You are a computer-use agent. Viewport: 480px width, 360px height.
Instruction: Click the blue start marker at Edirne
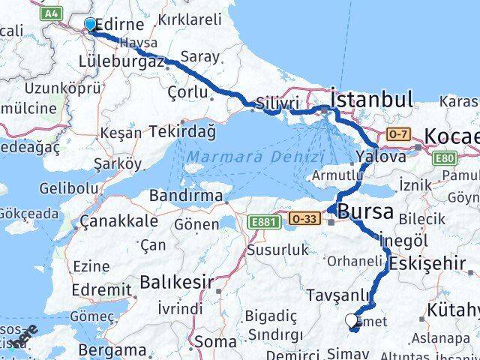90,25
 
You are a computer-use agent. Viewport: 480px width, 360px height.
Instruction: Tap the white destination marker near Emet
352,322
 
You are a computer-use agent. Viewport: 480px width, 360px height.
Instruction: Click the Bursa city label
365,212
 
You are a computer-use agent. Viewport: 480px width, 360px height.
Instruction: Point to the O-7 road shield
397,133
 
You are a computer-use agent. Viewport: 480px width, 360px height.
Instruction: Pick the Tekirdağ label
182,131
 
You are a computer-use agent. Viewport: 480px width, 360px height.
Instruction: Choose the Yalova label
381,157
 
